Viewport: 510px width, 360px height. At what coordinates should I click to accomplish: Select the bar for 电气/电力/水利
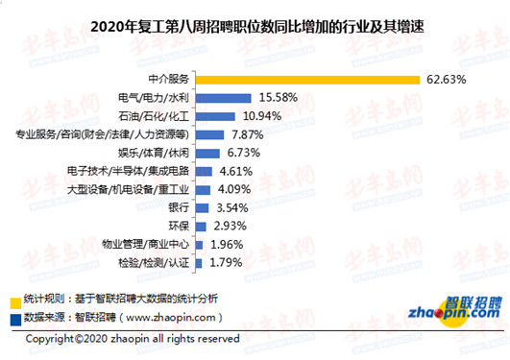(224, 97)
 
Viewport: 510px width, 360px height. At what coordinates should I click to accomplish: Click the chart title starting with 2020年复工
(255, 25)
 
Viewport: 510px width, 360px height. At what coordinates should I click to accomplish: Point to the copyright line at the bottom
(132, 339)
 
